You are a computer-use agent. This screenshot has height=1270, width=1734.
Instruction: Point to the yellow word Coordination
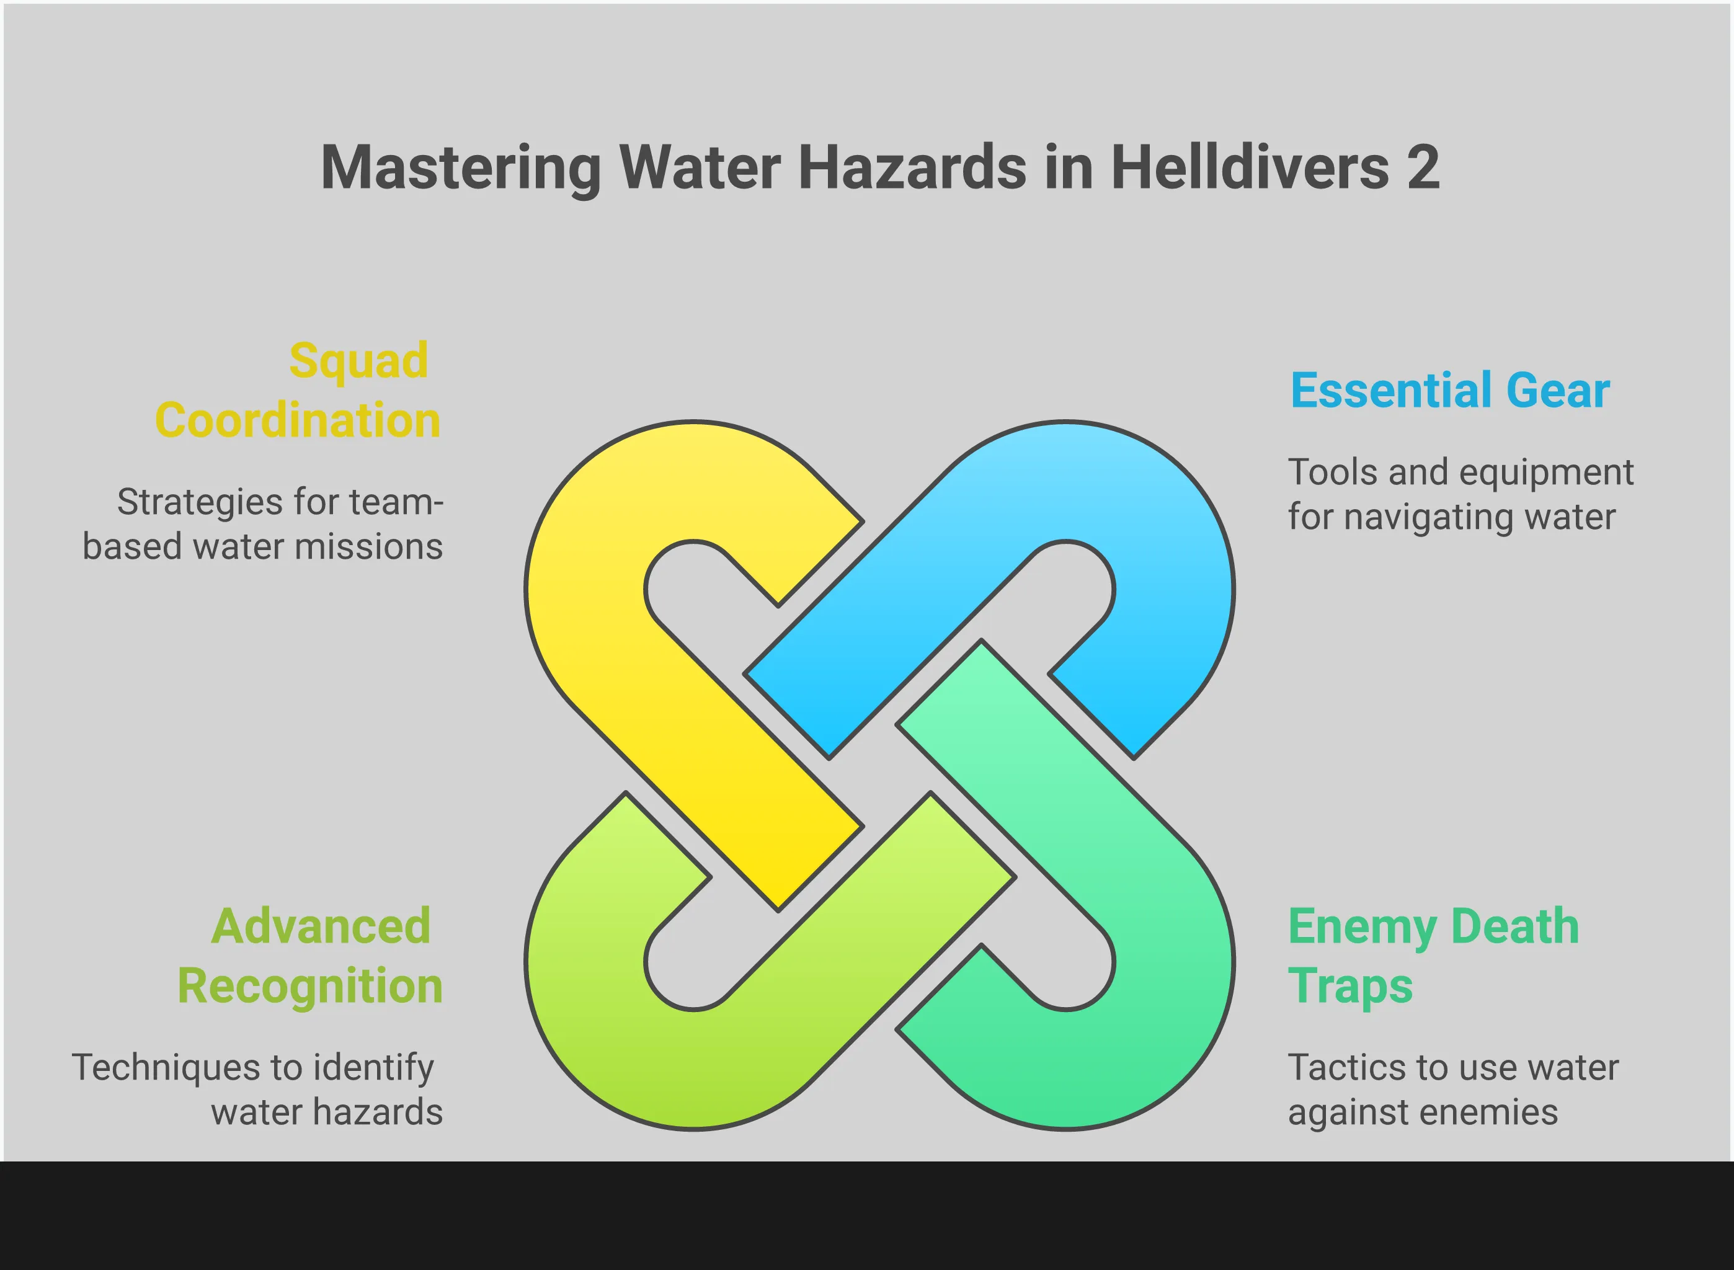click(298, 420)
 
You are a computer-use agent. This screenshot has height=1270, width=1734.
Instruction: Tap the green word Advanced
click(321, 926)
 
